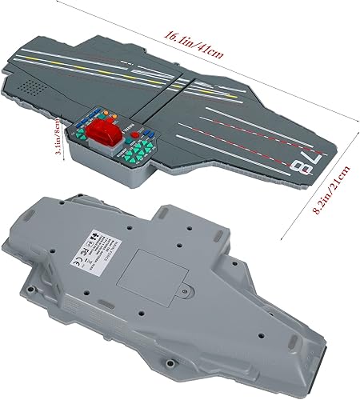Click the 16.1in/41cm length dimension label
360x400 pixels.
pos(194,37)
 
